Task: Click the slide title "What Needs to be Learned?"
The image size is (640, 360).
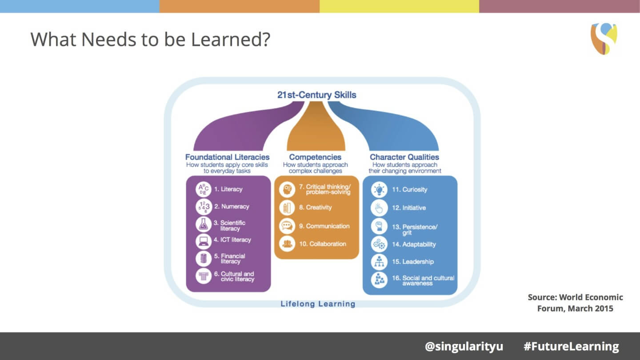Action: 150,39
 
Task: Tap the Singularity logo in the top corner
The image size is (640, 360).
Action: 604,39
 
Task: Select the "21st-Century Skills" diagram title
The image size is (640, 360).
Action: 316,95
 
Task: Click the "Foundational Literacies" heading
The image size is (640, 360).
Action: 227,157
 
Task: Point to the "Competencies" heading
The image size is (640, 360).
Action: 315,157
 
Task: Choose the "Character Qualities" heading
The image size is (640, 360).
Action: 404,157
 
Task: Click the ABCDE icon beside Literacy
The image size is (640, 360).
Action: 203,189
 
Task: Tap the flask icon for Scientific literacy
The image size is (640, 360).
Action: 203,224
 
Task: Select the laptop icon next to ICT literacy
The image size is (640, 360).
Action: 203,241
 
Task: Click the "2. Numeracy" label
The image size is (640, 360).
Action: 232,207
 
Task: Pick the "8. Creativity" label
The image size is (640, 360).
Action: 315,208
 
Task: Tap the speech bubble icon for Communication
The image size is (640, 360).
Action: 287,226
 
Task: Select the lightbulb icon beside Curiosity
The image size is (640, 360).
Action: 379,190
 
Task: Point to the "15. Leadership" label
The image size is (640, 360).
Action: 412,262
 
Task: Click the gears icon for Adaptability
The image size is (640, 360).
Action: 379,244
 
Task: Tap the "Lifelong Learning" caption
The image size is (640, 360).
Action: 318,304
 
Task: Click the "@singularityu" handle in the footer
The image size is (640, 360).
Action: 464,346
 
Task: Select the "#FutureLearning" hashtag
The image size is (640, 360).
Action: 571,346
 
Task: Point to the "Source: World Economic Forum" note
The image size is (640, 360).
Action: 575,303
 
